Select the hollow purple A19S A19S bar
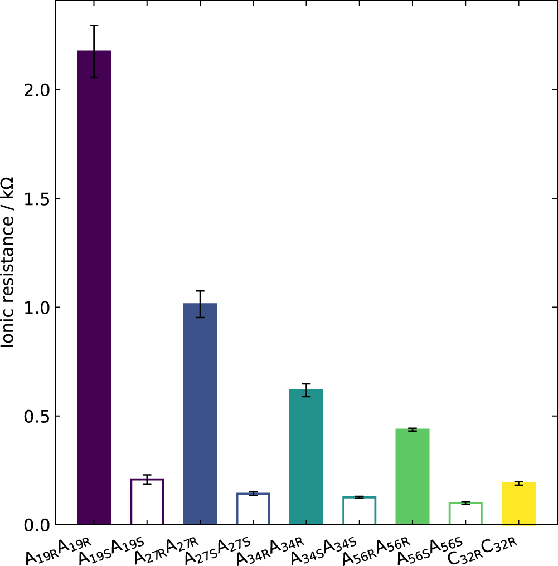pos(147,502)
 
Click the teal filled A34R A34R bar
pos(306,457)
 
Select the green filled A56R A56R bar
pos(413,476)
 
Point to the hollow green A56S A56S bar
pos(465,514)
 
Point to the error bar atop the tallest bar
pos(94,51)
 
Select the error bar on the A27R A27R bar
pos(200,304)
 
